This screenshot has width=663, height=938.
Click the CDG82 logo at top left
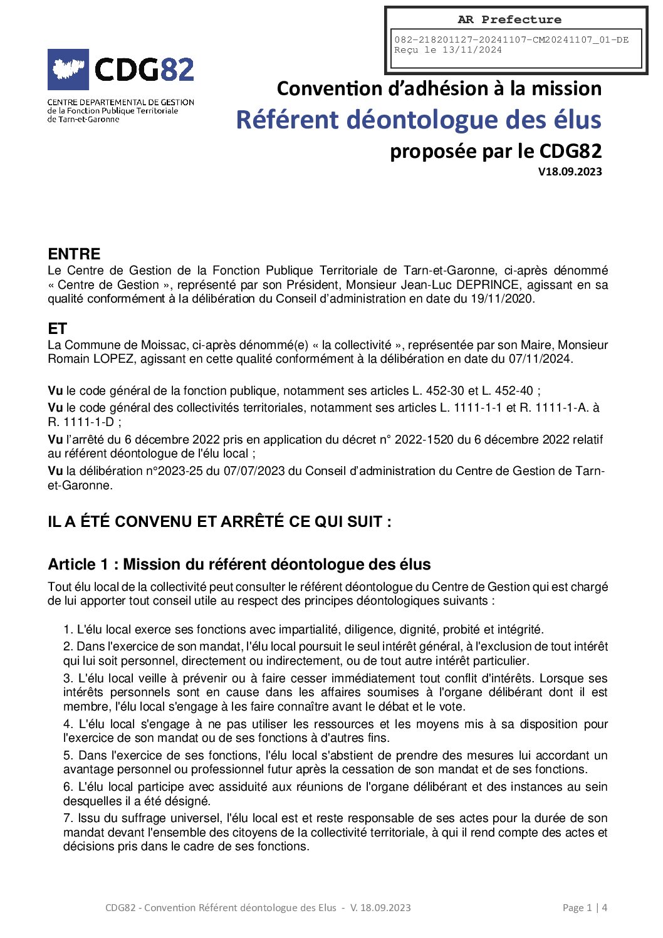click(121, 70)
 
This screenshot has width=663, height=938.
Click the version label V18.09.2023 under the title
click(570, 172)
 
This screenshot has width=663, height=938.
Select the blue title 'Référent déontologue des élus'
click(418, 120)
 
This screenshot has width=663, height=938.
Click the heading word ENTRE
click(74, 254)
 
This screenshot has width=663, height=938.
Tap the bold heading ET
click(57, 329)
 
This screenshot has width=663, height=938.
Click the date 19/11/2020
click(502, 299)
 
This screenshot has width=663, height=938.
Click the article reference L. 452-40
click(507, 391)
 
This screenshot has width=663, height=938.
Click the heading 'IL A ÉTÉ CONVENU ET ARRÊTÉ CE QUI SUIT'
click(219, 522)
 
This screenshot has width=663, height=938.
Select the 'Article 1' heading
click(239, 565)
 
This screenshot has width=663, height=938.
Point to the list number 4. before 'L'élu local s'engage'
click(68, 724)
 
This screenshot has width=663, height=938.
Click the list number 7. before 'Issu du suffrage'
click(68, 818)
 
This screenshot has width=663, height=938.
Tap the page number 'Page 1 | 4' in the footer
click(585, 908)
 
